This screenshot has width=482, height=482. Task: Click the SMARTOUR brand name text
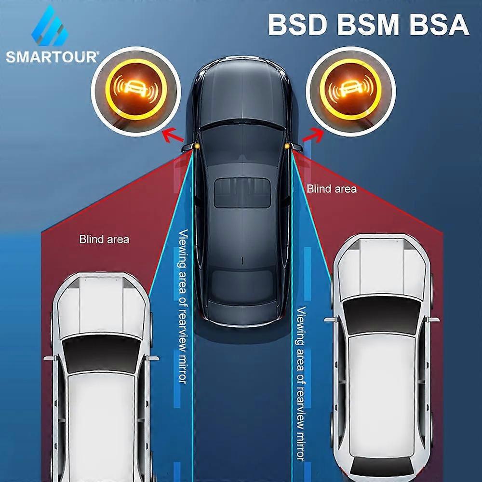52,57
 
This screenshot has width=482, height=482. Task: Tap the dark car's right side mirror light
288,145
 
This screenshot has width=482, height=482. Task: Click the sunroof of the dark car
241,193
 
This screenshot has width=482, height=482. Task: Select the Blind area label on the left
104,239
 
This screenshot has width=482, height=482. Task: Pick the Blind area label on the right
332,188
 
